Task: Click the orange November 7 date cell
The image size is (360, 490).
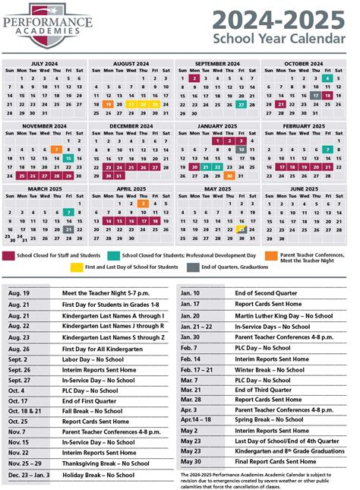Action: (56, 149)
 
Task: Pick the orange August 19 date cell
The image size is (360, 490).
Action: (109, 104)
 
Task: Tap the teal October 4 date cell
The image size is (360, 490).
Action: (327, 78)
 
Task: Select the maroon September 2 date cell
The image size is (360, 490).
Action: (195, 78)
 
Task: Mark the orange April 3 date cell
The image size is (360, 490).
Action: (142, 203)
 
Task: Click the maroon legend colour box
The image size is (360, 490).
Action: (9, 255)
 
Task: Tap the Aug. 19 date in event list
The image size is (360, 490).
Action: (19, 291)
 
